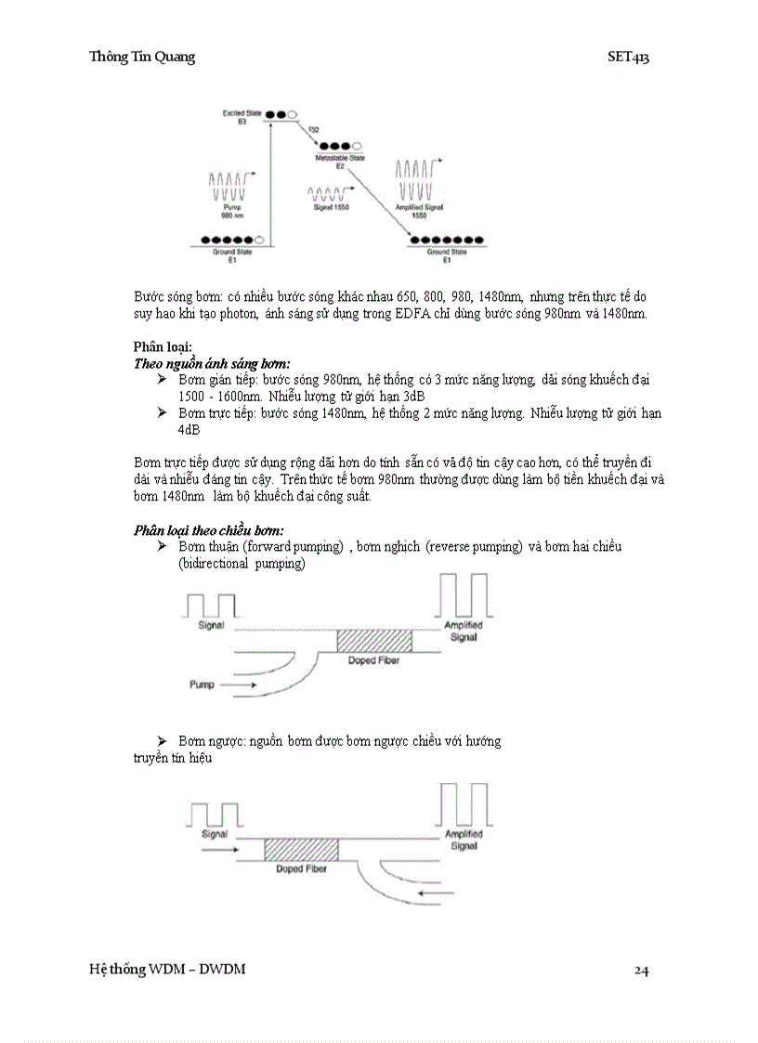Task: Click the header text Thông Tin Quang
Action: [141, 57]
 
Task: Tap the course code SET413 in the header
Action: [628, 57]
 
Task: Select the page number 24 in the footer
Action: [641, 971]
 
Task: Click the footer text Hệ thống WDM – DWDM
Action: [167, 970]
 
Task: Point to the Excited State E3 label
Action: [235, 117]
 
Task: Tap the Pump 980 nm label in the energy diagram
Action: [232, 211]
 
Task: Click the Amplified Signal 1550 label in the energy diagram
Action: [419, 211]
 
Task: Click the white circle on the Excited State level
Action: [293, 114]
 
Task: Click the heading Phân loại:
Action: [163, 347]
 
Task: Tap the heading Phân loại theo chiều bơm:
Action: [208, 530]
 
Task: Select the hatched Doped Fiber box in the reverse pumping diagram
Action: [301, 849]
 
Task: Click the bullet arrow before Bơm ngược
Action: [162, 740]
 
